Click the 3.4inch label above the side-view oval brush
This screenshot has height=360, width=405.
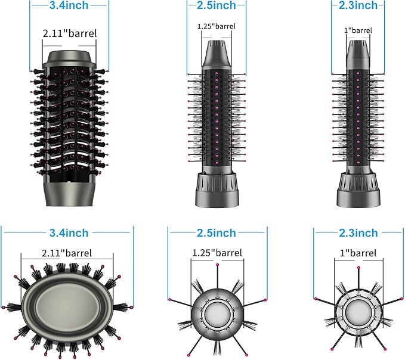pyautogui.click(x=69, y=6)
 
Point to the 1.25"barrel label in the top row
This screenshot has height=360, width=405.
pyautogui.click(x=216, y=26)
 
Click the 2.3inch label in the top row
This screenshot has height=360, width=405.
pyautogui.click(x=357, y=6)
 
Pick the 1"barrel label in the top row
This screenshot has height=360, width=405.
pyautogui.click(x=358, y=30)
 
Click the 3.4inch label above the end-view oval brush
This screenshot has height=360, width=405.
pyautogui.click(x=69, y=232)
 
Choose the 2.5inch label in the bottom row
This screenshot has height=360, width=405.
pyautogui.click(x=217, y=232)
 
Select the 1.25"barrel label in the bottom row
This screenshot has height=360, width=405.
pyautogui.click(x=217, y=253)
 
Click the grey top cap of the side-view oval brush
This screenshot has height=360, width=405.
pyautogui.click(x=69, y=58)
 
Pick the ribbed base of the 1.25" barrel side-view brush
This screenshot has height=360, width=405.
pyautogui.click(x=217, y=191)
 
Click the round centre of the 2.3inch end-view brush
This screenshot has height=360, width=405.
pyautogui.click(x=358, y=309)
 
